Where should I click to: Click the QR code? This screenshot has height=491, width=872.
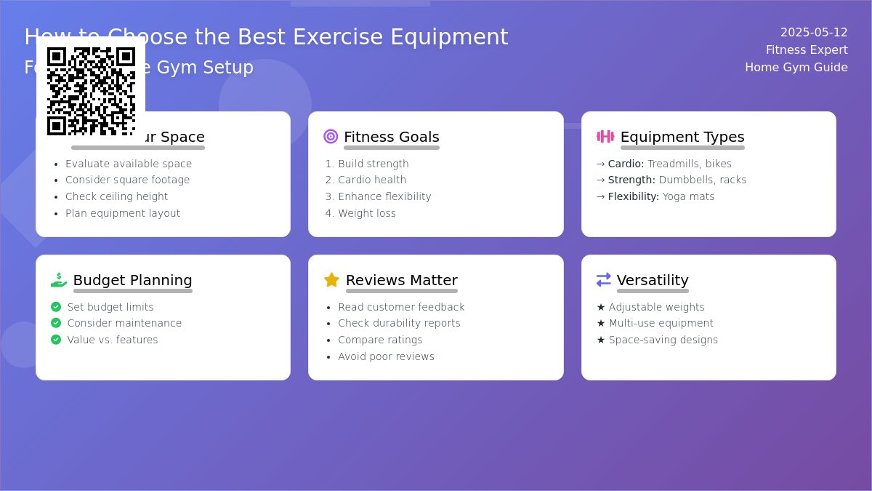pyautogui.click(x=91, y=91)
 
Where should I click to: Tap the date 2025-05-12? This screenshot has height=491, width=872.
pyautogui.click(x=814, y=33)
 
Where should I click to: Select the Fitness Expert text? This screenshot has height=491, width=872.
pyautogui.click(x=807, y=50)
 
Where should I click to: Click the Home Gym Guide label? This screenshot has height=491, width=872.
pyautogui.click(x=796, y=68)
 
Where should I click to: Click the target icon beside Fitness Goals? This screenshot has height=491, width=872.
pyautogui.click(x=331, y=137)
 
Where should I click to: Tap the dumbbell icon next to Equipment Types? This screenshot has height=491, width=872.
pyautogui.click(x=605, y=137)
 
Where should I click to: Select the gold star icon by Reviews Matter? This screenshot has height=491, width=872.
pyautogui.click(x=331, y=280)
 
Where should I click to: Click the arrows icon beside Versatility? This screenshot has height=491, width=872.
pyautogui.click(x=604, y=280)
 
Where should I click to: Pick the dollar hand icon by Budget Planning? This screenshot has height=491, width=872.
pyautogui.click(x=59, y=280)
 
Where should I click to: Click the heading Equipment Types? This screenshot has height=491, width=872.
pyautogui.click(x=682, y=137)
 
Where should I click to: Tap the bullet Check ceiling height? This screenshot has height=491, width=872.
pyautogui.click(x=116, y=197)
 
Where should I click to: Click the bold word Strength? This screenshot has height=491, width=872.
pyautogui.click(x=631, y=180)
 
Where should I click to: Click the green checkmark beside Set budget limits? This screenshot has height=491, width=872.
pyautogui.click(x=56, y=307)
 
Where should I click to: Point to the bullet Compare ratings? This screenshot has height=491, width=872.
pyautogui.click(x=380, y=340)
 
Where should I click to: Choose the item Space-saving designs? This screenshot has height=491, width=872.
pyautogui.click(x=663, y=340)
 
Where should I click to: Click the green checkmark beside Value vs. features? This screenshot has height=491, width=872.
pyautogui.click(x=56, y=340)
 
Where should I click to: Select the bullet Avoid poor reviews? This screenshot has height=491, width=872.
pyautogui.click(x=386, y=357)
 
